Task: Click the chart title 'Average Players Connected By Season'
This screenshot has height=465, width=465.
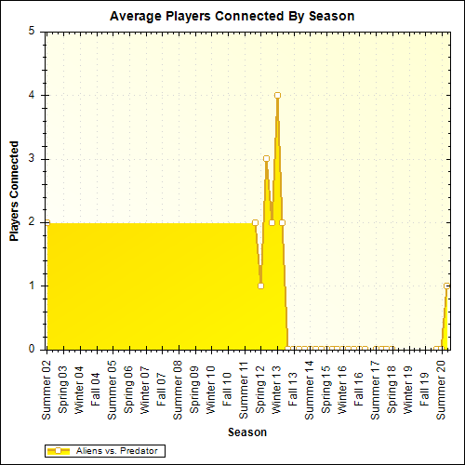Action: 232,17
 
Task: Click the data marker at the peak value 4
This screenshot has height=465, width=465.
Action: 277,95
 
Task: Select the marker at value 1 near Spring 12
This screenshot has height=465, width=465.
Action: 260,286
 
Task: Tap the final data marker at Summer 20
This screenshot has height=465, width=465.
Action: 447,286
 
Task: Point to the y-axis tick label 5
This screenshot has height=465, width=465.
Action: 32,31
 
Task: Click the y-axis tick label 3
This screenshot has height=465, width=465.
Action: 32,158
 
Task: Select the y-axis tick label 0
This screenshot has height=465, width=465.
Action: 32,350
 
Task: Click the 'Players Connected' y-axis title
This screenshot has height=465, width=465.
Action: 15,191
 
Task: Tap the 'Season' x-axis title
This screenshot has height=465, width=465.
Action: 246,432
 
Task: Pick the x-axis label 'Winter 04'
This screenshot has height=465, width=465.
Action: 79,384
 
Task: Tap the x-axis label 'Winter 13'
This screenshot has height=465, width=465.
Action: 276,384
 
